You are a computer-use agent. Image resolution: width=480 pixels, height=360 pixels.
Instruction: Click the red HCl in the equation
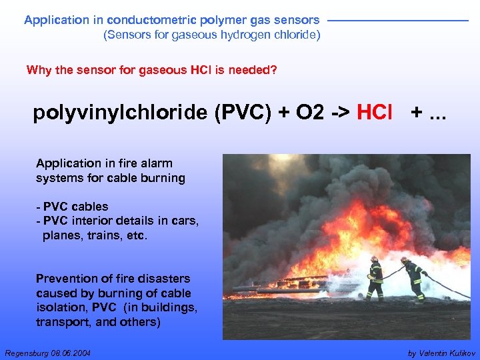coord(375,113)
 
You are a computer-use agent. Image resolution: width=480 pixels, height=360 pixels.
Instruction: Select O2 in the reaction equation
coord(306,113)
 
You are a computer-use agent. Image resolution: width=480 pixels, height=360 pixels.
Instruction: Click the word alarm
coord(158,163)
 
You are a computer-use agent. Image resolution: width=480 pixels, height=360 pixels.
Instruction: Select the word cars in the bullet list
coord(187,221)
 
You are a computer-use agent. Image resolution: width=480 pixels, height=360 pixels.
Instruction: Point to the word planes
coord(61,235)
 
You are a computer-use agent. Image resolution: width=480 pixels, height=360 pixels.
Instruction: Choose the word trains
coord(103,235)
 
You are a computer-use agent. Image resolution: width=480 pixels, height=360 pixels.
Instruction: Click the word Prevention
coord(65,279)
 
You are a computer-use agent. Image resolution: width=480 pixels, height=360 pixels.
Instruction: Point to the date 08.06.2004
coord(71,352)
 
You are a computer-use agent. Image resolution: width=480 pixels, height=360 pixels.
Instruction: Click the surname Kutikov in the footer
coord(457,352)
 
